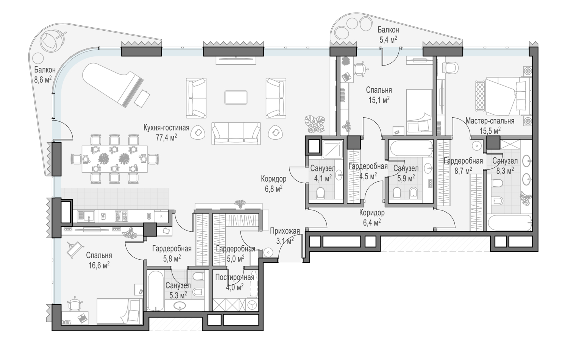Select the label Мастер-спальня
pyautogui.click(x=490, y=121)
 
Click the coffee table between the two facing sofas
pyautogui.click(x=236, y=97)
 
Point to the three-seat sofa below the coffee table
pyautogui.click(x=236, y=133)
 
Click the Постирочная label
pyautogui.click(x=234, y=277)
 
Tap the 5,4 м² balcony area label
pyautogui.click(x=388, y=39)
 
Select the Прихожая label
pyautogui.click(x=285, y=231)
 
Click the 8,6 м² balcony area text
pyautogui.click(x=43, y=79)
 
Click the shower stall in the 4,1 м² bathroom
pyautogui.click(x=332, y=149)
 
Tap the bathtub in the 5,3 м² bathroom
pyautogui.click(x=155, y=290)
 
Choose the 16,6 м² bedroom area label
pyautogui.click(x=99, y=265)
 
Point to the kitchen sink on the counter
pyautogui.click(x=86, y=216)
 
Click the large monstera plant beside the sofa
pyautogui.click(x=314, y=124)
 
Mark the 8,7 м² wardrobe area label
pyautogui.click(x=463, y=171)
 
